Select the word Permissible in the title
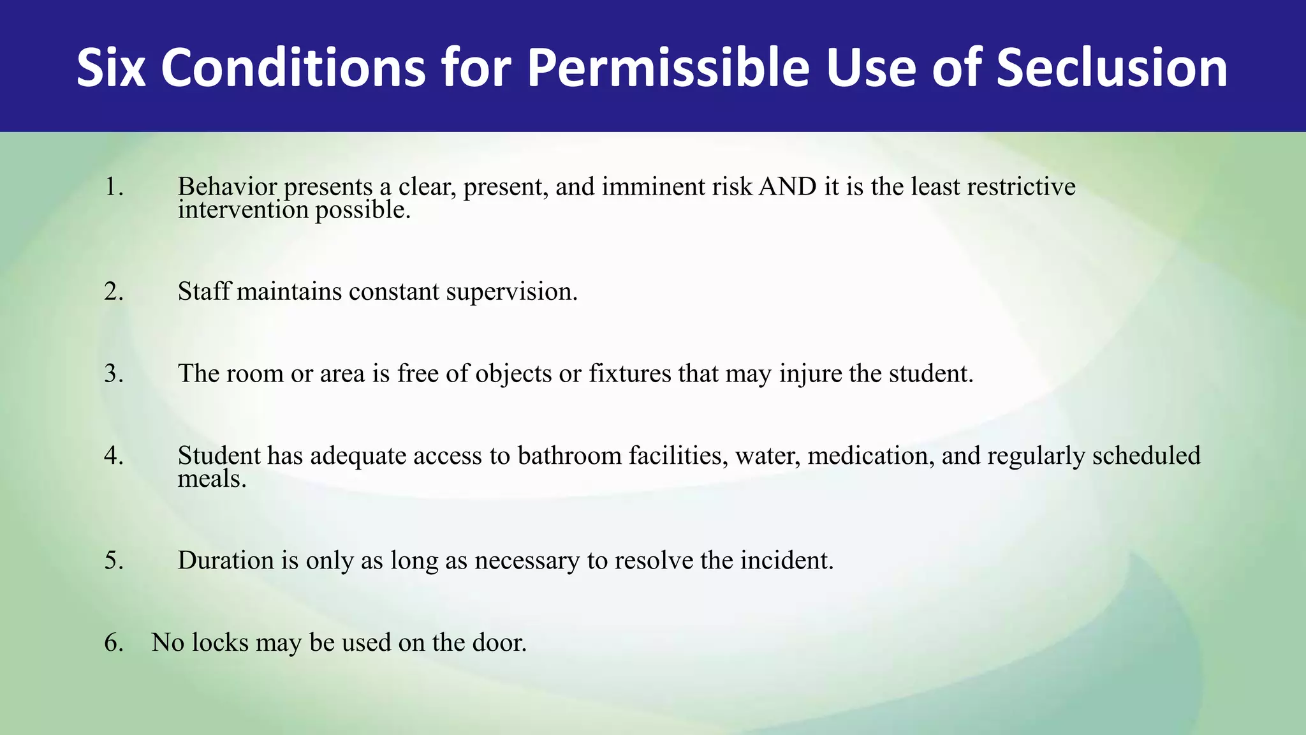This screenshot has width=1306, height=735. point(668,68)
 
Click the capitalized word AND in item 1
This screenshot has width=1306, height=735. point(788,187)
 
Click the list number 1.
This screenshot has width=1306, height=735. point(114,187)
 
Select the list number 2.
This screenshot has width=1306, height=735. point(114,292)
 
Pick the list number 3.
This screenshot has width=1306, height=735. point(114,374)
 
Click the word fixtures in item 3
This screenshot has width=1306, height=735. point(629,374)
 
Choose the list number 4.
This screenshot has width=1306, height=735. point(114,456)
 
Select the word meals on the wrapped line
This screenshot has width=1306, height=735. point(211,479)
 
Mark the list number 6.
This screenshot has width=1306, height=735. point(114,642)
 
